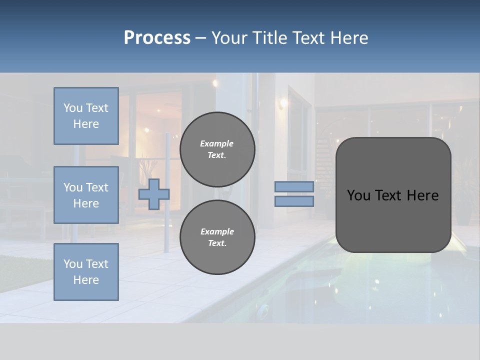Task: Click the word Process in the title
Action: pos(157,38)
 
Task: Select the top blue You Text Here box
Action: pos(86,116)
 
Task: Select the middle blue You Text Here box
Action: pos(86,195)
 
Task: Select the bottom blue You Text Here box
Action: pos(86,272)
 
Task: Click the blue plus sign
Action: pos(154,194)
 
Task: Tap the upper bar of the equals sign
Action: pos(294,186)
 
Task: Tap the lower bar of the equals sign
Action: pos(294,201)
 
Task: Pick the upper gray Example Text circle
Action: pos(217,149)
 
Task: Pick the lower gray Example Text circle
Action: pos(217,237)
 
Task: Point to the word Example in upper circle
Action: pos(217,143)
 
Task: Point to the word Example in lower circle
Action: pos(217,231)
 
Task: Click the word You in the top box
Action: pos(73,108)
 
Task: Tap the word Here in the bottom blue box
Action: pos(86,280)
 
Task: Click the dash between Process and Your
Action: pos(201,38)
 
